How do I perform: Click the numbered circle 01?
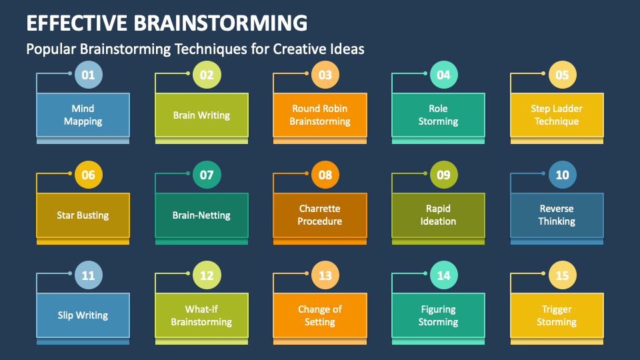click(x=88, y=75)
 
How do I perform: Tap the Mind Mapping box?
click(x=83, y=115)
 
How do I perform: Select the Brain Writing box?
click(x=201, y=115)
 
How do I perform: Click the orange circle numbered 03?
click(x=325, y=75)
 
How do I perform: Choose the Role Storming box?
click(x=438, y=115)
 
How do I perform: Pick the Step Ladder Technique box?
click(x=556, y=115)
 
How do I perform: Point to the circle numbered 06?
click(x=88, y=175)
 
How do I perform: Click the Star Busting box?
click(x=83, y=215)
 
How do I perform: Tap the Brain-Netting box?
click(x=201, y=215)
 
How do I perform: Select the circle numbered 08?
click(x=325, y=175)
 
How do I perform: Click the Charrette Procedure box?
click(x=320, y=215)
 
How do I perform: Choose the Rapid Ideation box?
click(x=438, y=215)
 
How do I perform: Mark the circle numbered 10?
click(x=562, y=175)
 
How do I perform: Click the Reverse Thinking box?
click(x=556, y=215)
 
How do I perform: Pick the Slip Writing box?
click(x=83, y=315)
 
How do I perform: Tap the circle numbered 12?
click(x=207, y=275)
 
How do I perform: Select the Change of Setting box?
click(x=320, y=315)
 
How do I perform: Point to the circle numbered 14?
click(x=443, y=275)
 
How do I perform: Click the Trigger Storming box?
click(x=556, y=315)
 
